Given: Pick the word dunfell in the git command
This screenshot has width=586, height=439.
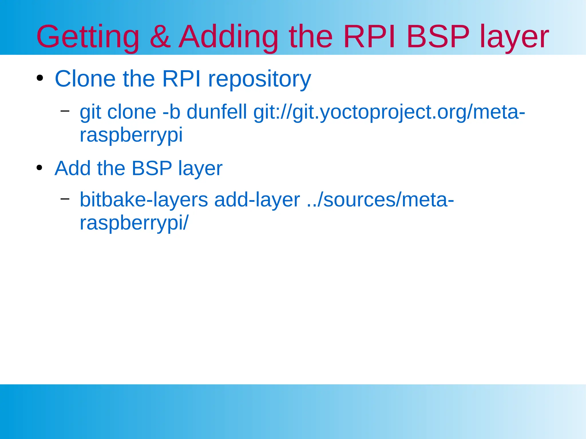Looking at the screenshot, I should pyautogui.click(x=217, y=112).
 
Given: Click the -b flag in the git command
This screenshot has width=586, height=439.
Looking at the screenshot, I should pyautogui.click(x=171, y=112).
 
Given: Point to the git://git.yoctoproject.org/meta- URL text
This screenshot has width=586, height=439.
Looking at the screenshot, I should pyautogui.click(x=389, y=112).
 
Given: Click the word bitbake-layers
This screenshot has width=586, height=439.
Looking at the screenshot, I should pyautogui.click(x=144, y=200).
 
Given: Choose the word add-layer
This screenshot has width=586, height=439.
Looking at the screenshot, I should pyautogui.click(x=257, y=200).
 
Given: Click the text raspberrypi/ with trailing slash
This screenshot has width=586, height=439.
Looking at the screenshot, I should pyautogui.click(x=134, y=223).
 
